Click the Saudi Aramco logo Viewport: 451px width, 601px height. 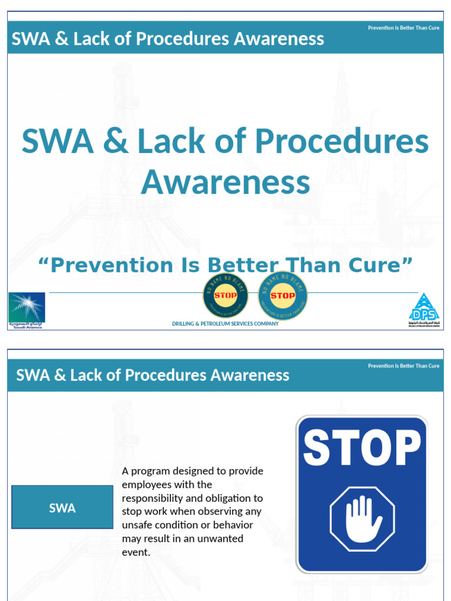pos(26,309)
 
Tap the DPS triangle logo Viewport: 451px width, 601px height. pos(424,309)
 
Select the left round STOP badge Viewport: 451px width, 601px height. pos(225,295)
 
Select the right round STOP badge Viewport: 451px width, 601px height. pos(282,295)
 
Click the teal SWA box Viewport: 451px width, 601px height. pos(62,508)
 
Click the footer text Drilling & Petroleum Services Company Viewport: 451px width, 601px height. pos(225,324)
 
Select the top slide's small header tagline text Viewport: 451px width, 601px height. pos(403,28)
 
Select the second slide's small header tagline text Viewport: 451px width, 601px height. pos(403,366)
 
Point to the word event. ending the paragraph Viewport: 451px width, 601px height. pos(136,552)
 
